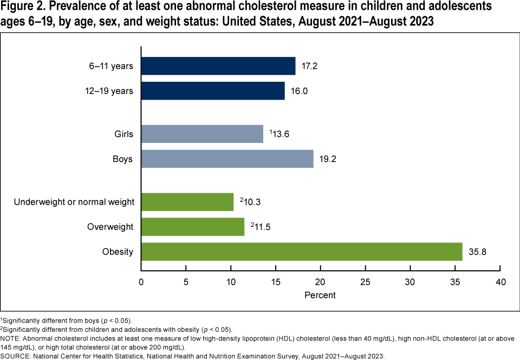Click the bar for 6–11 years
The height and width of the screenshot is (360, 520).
[x=218, y=66]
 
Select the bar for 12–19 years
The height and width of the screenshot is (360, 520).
[x=213, y=90]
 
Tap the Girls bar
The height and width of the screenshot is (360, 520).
[x=202, y=134]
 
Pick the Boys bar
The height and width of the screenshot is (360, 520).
[x=227, y=159]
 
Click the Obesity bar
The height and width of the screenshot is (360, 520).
[x=302, y=252]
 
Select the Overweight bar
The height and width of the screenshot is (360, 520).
[x=193, y=227]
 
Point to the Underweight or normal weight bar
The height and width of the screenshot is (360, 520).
[x=187, y=202]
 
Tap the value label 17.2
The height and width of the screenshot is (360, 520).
[x=309, y=66]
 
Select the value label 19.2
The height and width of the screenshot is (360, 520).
[x=327, y=159]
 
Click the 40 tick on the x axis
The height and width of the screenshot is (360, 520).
[x=500, y=282]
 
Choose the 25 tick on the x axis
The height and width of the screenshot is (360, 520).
[x=365, y=282]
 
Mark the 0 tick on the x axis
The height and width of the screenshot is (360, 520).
[x=141, y=282]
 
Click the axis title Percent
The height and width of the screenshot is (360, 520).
[x=320, y=295]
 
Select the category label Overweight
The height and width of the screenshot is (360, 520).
[x=110, y=227]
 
